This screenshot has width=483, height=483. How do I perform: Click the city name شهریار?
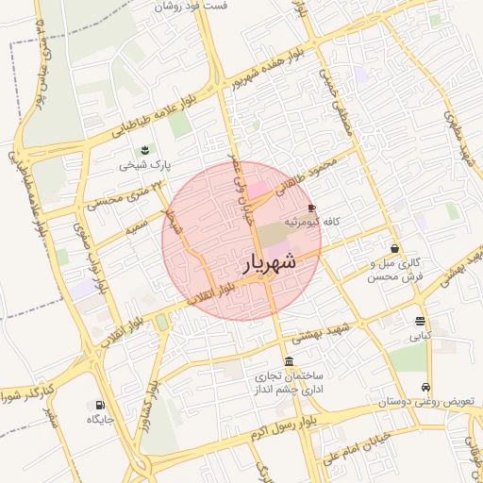271,262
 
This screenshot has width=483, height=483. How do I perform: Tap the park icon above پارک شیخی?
144,150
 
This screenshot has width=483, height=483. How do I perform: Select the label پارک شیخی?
145,165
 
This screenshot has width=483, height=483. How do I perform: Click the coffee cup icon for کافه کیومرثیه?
312,207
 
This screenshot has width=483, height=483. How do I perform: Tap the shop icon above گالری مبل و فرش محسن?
393,248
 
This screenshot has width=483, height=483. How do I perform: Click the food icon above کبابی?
420,321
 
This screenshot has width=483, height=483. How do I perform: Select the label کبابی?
420,335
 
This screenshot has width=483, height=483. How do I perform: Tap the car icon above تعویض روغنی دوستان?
426,387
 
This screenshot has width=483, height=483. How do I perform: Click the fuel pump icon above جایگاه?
100,404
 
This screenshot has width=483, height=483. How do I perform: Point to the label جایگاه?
101,418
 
